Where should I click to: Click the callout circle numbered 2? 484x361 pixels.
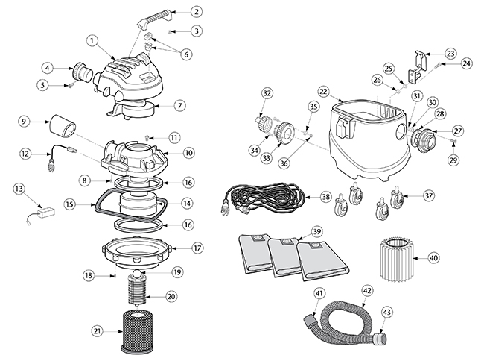196,12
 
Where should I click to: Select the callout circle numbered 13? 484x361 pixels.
19,189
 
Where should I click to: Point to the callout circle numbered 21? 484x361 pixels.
96,330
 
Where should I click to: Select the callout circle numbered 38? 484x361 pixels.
325,198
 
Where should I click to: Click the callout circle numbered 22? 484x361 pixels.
323,90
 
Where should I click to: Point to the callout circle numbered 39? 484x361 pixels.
318,232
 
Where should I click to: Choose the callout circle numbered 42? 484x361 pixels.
367,290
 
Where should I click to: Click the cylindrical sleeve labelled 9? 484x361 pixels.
62,128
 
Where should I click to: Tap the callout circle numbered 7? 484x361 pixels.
179,105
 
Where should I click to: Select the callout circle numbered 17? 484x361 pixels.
197,248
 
